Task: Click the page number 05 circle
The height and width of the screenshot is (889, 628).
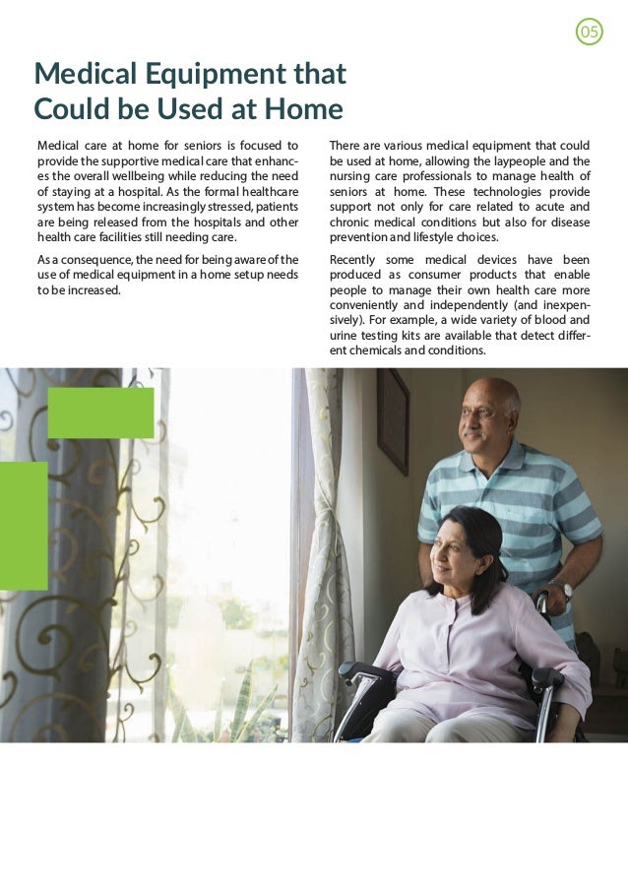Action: click(589, 32)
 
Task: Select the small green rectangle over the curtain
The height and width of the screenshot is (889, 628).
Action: click(100, 413)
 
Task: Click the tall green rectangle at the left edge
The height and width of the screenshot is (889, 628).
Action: click(23, 526)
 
